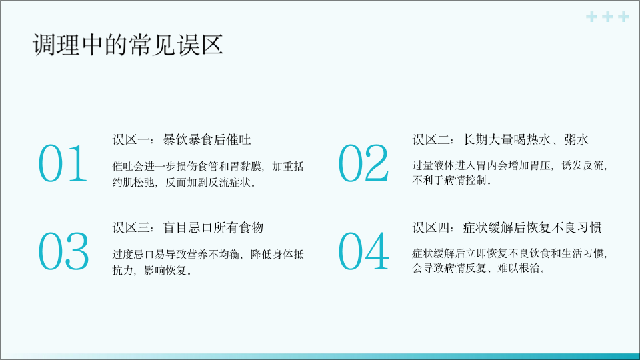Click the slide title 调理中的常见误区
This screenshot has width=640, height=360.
click(x=128, y=45)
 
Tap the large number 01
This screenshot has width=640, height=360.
click(x=63, y=163)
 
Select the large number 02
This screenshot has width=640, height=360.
click(x=363, y=163)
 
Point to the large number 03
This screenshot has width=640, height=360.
click(x=63, y=251)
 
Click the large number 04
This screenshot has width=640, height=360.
click(x=364, y=251)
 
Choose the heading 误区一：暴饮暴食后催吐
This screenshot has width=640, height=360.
click(x=181, y=139)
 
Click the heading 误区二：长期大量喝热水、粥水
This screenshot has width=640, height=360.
click(x=501, y=139)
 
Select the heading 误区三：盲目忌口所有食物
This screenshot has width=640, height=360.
click(x=188, y=227)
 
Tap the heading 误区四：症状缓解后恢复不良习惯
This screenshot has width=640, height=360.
click(x=507, y=227)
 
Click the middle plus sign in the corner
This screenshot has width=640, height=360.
click(x=608, y=17)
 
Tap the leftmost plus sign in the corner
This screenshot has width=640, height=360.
click(x=592, y=17)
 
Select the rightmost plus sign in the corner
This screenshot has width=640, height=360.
click(x=624, y=17)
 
